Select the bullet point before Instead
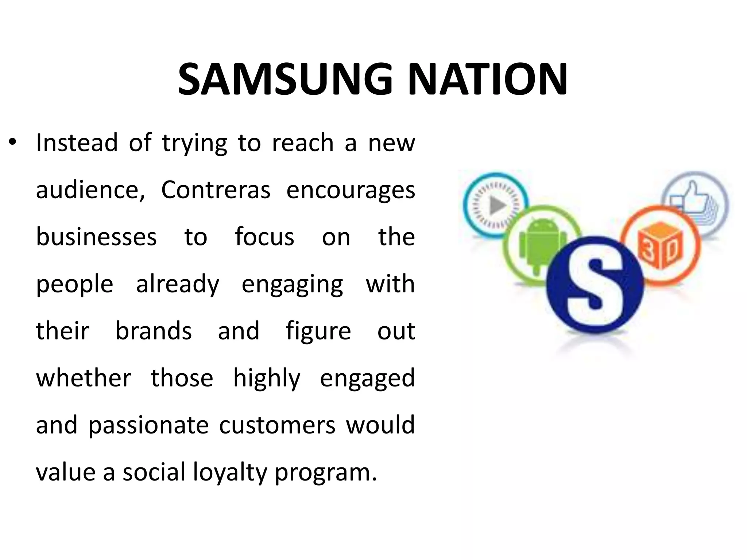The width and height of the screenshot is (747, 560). (13, 143)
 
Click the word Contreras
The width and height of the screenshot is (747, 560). (216, 190)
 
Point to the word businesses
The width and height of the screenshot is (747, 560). (96, 237)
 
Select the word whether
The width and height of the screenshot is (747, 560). (84, 378)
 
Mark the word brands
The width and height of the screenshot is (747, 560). (154, 331)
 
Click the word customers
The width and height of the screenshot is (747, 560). (277, 425)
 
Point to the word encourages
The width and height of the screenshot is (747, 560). (351, 191)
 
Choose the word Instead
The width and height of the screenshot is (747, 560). (77, 143)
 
